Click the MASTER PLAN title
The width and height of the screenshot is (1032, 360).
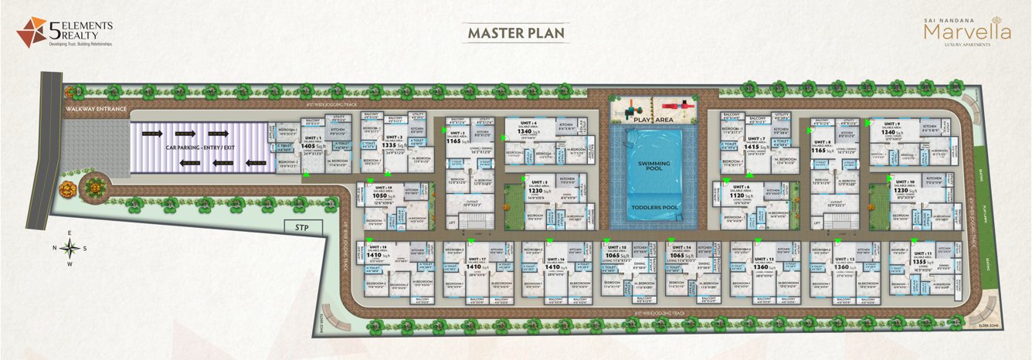[x=515, y=33]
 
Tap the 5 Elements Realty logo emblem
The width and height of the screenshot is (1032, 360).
[x=31, y=32]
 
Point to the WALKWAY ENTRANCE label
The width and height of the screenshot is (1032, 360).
[x=95, y=109]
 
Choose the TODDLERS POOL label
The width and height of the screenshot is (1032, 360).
[x=648, y=208]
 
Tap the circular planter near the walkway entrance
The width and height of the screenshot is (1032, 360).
[x=94, y=185]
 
